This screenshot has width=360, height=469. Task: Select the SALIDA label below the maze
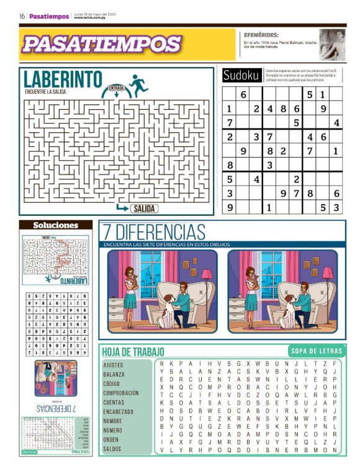(144, 208)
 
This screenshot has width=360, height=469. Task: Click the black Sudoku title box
(241, 76)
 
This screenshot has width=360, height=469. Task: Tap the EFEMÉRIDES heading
(261, 35)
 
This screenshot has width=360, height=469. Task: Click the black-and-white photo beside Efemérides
(332, 45)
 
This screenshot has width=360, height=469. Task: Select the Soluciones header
(56, 225)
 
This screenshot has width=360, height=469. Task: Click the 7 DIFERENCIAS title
(154, 233)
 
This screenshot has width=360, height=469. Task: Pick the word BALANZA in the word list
(114, 375)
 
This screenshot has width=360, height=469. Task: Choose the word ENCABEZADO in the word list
(119, 411)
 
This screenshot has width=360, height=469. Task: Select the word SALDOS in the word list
(113, 449)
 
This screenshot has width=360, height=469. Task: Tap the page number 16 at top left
(22, 17)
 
